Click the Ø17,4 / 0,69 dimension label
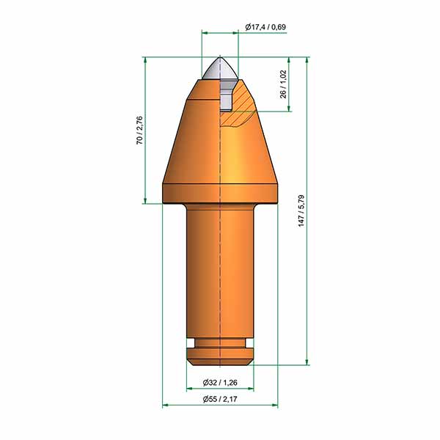pos(265,27)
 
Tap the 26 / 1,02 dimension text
pos(283,84)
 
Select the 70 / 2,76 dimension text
pos(139,131)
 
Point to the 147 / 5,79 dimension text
pos(301,210)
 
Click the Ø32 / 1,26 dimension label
pos(220,382)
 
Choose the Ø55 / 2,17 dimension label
pos(220,399)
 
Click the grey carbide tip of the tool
pos(220,69)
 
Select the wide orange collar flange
pos(220,194)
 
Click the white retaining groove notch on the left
pos(191,343)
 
